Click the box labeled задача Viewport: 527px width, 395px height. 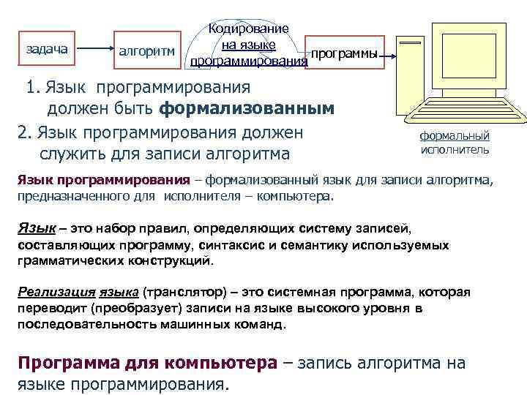[47, 50]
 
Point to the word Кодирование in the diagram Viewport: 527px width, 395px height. [249, 29]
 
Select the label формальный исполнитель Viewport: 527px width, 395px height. [455, 143]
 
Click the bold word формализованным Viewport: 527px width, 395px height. [247, 109]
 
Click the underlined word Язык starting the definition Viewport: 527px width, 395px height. [32, 230]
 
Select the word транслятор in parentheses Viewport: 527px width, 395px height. [177, 292]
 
